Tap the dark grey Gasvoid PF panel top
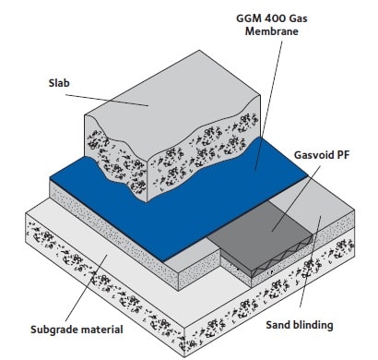pyautogui.click(x=267, y=222)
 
